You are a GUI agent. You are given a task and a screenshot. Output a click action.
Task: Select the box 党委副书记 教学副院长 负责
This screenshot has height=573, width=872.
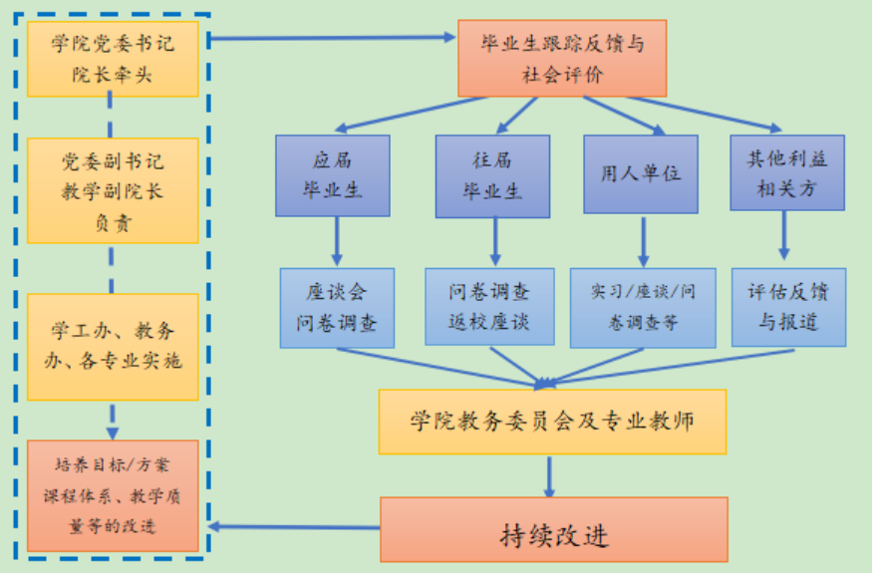(112, 190)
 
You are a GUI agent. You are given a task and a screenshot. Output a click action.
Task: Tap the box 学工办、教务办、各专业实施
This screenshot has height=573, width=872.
(112, 346)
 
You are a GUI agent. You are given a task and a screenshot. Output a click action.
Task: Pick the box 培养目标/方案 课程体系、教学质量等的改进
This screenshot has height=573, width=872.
(112, 495)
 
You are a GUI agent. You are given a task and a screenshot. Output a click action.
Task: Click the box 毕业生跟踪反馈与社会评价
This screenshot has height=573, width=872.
(561, 58)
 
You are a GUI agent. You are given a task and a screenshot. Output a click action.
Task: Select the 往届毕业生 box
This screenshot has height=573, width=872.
(492, 175)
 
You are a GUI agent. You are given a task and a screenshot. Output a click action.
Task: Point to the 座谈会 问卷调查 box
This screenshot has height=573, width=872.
(337, 307)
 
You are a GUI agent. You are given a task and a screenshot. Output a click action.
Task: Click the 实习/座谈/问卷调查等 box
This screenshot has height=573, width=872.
(642, 307)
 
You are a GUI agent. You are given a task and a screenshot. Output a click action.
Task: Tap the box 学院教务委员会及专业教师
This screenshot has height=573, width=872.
(551, 421)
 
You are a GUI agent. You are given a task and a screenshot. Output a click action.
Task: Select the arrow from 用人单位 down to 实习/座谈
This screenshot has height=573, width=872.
(643, 241)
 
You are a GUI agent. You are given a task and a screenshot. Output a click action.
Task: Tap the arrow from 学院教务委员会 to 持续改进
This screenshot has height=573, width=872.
(549, 475)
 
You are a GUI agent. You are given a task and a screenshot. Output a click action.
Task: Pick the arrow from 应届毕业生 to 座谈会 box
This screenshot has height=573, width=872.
(337, 241)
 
